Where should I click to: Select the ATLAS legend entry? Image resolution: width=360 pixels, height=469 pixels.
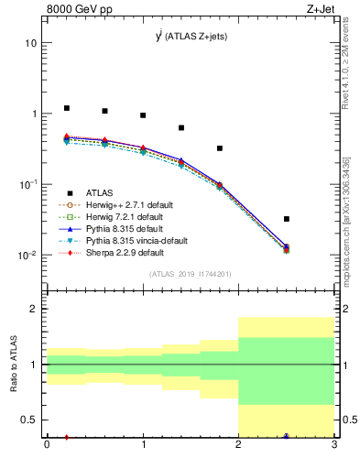(101, 193)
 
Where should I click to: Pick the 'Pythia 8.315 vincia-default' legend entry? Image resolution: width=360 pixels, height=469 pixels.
(135, 241)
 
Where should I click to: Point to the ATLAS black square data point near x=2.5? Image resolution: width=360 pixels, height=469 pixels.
(287, 219)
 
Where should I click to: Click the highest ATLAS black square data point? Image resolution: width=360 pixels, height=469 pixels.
(66, 108)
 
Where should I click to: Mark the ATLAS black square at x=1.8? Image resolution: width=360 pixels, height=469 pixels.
(220, 148)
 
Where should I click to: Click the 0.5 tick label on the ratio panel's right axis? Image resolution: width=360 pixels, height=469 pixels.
(348, 420)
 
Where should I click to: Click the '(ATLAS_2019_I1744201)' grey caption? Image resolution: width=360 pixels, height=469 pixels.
(190, 273)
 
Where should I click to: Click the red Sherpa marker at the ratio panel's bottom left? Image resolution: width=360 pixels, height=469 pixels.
(66, 437)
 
